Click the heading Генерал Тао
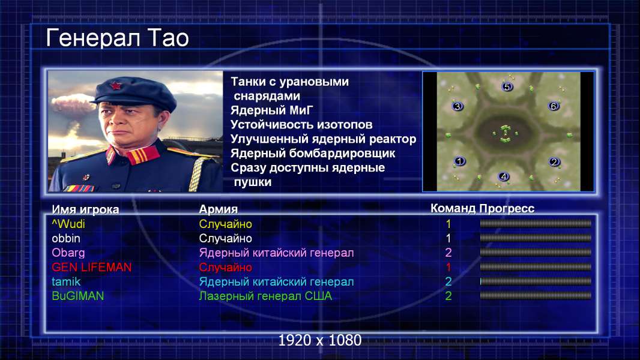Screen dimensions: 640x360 [x=117, y=38]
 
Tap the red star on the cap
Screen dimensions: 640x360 [x=116, y=86]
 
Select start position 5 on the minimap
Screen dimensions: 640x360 [x=507, y=86]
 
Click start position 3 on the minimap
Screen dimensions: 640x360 [x=457, y=106]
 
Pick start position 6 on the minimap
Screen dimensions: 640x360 [x=554, y=106]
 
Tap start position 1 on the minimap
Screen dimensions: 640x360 [x=460, y=161]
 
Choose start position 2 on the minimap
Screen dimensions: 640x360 [x=554, y=161]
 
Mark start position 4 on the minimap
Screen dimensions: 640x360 [x=504, y=176]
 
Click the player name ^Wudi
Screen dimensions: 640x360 [x=68, y=224]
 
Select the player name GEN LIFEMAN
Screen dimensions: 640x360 [x=92, y=267]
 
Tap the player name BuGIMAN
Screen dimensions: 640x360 [x=77, y=296]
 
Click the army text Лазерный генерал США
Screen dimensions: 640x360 [x=265, y=296]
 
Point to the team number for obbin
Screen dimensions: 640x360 [x=448, y=238]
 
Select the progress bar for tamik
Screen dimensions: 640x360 [x=536, y=281]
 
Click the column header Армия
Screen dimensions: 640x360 [x=218, y=209]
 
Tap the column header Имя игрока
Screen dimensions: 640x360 [x=85, y=209]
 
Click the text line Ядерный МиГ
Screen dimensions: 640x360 [x=272, y=110]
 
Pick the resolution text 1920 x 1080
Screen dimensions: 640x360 [x=320, y=340]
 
